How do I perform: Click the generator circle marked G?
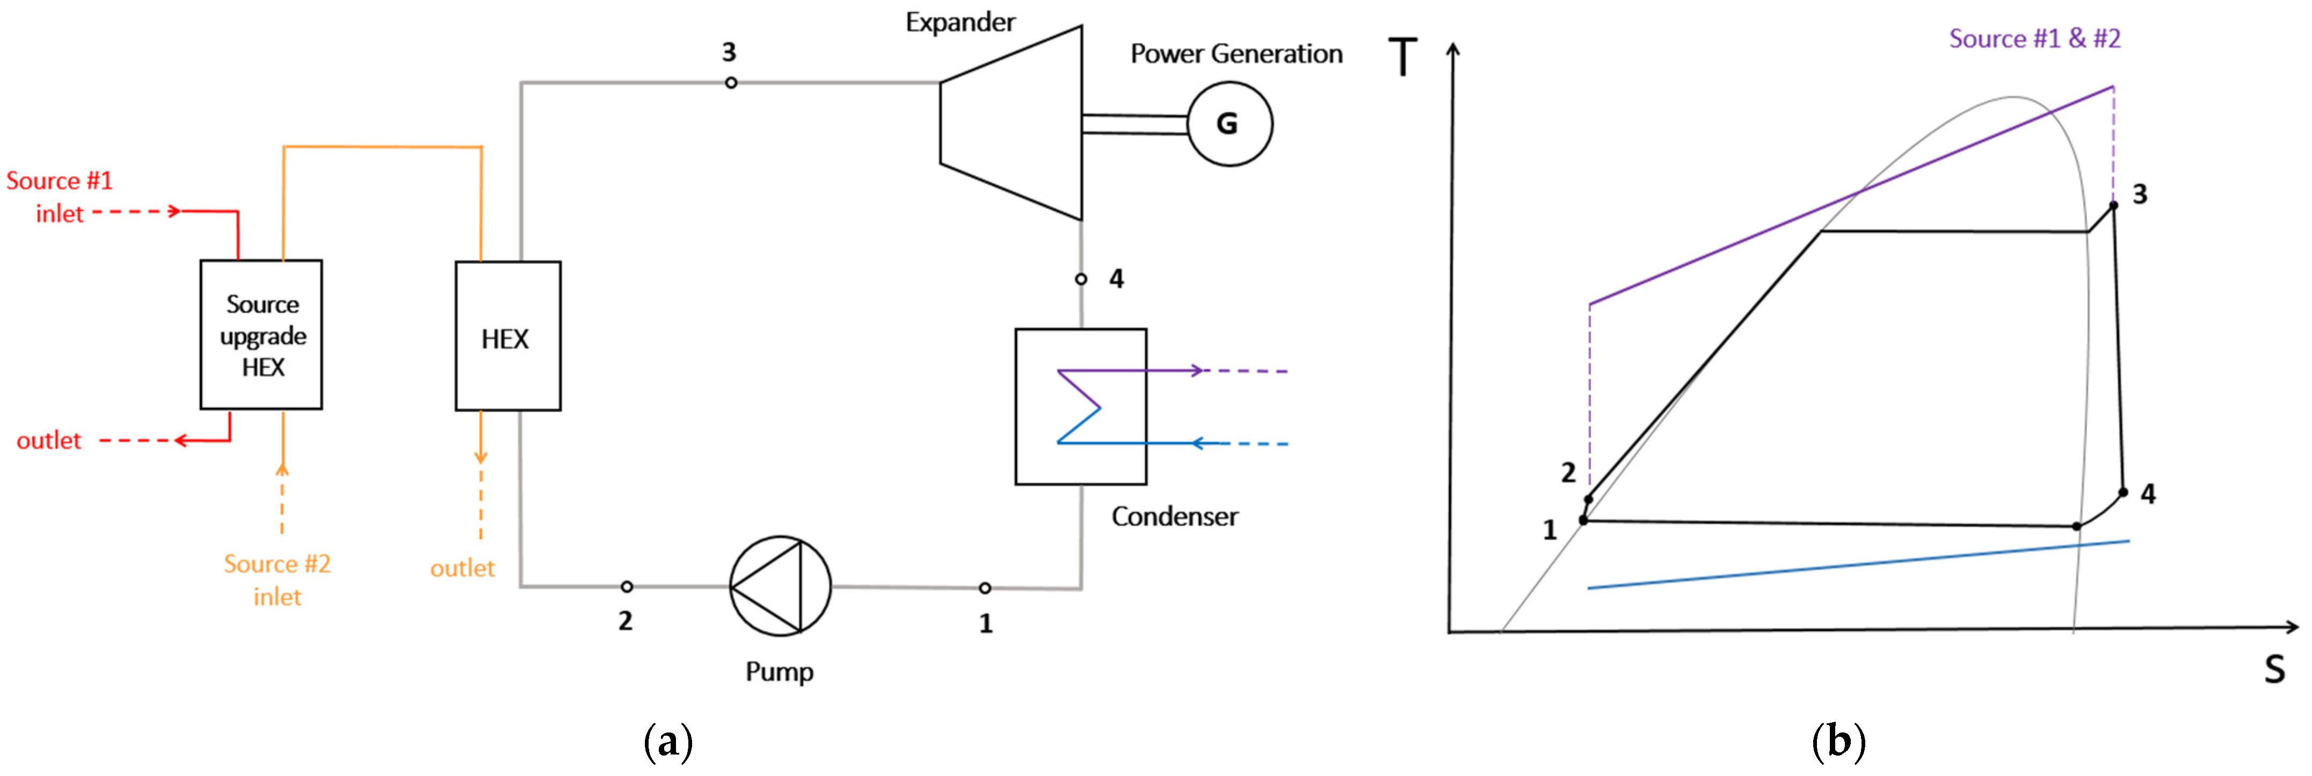[1228, 123]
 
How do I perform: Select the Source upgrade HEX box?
[261, 334]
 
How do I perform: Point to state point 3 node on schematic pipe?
[731, 83]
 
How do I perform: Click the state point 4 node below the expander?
[1081, 279]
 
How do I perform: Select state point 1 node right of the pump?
[985, 588]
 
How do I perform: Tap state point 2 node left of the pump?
[627, 586]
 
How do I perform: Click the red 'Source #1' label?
[59, 181]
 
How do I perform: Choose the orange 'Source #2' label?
[277, 564]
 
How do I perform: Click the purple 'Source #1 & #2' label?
[2034, 39]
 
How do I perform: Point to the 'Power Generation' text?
[1236, 54]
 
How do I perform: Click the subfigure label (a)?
[668, 742]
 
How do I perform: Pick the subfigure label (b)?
[1838, 742]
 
